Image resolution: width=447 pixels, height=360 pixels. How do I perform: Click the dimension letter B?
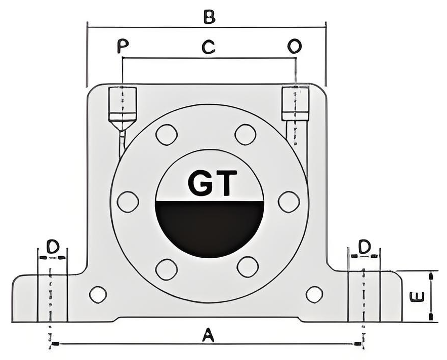pos(210,17)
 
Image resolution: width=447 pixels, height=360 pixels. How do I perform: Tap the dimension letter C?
pos(209,47)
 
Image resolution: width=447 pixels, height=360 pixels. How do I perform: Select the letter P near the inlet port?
pos(123,46)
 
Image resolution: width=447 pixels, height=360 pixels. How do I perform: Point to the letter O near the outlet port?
pos(295,46)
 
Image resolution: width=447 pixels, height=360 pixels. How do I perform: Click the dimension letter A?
pos(209,335)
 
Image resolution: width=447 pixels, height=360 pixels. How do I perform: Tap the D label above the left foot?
pos(53,247)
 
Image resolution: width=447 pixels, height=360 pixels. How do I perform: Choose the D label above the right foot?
pos(364,247)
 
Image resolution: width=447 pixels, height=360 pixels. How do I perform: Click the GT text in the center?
pos(213,183)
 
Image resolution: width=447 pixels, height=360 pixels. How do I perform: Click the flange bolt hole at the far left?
pos(128,202)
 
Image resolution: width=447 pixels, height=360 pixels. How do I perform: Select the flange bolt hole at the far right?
pos(289,202)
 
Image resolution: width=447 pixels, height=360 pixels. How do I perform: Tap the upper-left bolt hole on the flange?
pos(167,135)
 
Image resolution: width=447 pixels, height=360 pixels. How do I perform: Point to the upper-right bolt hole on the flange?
pos(246,135)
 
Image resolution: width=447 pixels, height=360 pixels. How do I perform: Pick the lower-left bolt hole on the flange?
pos(167,269)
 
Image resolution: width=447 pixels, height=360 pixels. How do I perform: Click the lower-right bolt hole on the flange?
pos(248,266)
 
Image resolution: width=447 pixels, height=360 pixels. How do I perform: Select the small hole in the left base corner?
pos(98,295)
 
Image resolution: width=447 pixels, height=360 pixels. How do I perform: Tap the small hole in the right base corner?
pos(314,295)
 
